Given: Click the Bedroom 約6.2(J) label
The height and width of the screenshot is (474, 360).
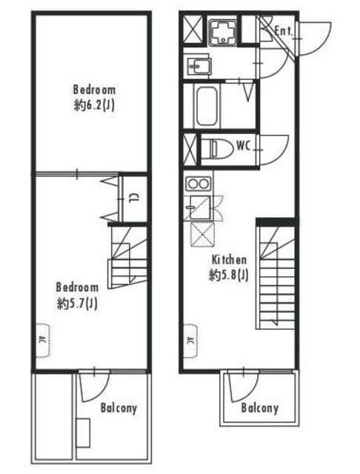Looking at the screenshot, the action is click(x=94, y=98).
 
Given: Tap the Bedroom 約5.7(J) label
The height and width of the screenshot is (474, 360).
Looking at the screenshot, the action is click(x=77, y=296).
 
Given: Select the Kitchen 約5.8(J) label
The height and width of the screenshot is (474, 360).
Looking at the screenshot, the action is click(x=229, y=267).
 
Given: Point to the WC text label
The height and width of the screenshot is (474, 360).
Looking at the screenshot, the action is click(x=243, y=146).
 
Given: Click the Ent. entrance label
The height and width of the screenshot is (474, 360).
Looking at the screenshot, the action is click(x=284, y=31).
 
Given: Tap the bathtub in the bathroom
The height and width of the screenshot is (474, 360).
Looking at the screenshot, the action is click(x=207, y=106).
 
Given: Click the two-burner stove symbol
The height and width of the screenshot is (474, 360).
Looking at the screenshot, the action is click(x=198, y=183).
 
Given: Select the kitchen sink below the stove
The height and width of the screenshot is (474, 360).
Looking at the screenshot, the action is click(x=199, y=207).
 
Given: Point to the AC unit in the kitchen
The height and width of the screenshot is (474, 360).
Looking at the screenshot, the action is click(x=191, y=341).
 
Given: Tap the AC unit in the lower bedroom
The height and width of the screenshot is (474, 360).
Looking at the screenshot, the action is click(x=43, y=340).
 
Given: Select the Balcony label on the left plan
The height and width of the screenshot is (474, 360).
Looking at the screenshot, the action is click(x=119, y=408).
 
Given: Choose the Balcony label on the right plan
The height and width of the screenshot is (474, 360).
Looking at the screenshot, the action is click(x=260, y=408).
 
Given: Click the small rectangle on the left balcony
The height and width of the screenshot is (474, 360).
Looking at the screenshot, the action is click(x=83, y=433).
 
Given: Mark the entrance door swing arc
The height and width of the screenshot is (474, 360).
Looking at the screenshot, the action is click(x=324, y=45).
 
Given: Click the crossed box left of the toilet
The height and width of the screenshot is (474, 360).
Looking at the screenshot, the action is click(x=190, y=150).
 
